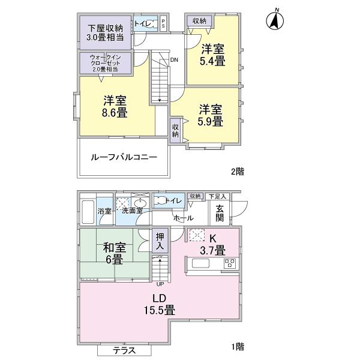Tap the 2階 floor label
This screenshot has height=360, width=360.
(237, 171)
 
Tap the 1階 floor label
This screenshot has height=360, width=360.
(237, 346)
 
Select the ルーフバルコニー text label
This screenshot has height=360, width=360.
(124, 157)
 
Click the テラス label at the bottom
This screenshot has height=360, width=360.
(124, 351)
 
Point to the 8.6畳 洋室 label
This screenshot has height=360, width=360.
(113, 106)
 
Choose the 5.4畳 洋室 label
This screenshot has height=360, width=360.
(213, 54)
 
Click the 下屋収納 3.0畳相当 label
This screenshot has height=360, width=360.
(106, 32)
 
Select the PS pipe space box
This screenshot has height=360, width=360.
(164, 23)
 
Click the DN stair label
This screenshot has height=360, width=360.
(173, 60)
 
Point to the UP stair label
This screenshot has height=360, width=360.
(159, 284)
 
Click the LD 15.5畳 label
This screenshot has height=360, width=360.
(158, 304)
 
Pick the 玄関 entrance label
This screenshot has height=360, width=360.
(220, 212)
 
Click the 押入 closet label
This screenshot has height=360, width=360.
(159, 242)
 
